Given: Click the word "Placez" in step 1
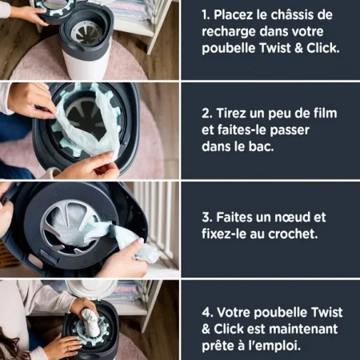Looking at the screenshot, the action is [x=234, y=14].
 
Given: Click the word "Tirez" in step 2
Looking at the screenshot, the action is [x=231, y=114].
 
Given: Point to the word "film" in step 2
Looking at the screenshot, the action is [x=326, y=113].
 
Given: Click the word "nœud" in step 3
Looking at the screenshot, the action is [x=292, y=217].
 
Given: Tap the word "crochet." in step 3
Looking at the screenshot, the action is [x=293, y=234].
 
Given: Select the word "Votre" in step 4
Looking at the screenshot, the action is [x=233, y=312].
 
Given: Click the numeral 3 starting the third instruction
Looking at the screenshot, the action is [x=206, y=218].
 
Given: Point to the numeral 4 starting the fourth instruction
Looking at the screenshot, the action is [x=206, y=313].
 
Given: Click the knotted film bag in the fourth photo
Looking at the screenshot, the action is [x=90, y=323].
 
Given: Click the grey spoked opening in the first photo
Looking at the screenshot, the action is [x=86, y=33].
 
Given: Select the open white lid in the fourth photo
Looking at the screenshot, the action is [x=90, y=289].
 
